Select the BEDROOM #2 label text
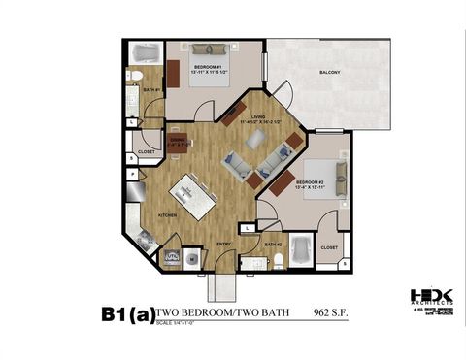(x=310, y=181)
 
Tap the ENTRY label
(x=223, y=245)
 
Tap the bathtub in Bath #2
(x=300, y=253)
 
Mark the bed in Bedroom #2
(x=327, y=180)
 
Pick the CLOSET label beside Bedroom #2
(x=329, y=247)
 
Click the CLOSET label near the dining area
(x=146, y=152)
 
